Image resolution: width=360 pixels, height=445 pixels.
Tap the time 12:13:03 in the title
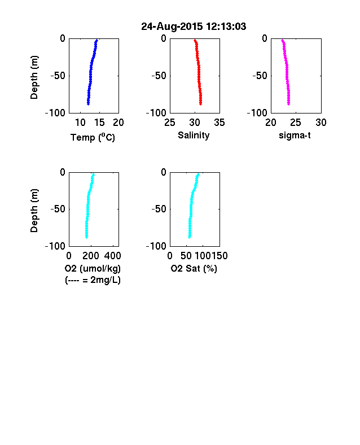(226, 27)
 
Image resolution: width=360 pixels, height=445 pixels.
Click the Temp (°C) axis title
(93, 137)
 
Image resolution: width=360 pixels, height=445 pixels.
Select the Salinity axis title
(194, 136)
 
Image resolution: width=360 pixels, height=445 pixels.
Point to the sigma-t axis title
(295, 136)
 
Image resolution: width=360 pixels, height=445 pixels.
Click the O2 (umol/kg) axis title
(93, 268)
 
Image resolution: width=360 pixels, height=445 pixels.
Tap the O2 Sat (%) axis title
(194, 268)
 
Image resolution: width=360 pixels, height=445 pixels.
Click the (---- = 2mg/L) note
(93, 280)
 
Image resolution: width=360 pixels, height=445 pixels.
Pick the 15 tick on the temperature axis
(99, 123)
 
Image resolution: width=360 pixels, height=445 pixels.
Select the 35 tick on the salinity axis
(219, 123)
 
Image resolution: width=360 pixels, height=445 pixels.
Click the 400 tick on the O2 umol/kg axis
(112, 256)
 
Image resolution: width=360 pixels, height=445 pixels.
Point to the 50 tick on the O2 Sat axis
(186, 256)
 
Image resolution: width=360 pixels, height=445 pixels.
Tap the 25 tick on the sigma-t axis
(296, 123)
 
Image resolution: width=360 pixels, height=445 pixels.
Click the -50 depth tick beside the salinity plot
(159, 76)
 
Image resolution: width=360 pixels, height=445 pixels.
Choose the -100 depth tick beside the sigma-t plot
(257, 114)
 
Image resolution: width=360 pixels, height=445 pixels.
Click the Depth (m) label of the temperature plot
(34, 77)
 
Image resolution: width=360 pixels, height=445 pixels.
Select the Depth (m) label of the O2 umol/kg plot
(34, 211)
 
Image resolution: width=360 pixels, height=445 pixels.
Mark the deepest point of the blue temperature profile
(88, 104)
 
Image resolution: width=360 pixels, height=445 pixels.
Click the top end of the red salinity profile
(195, 40)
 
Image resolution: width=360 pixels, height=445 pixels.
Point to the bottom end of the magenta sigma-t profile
(288, 104)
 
